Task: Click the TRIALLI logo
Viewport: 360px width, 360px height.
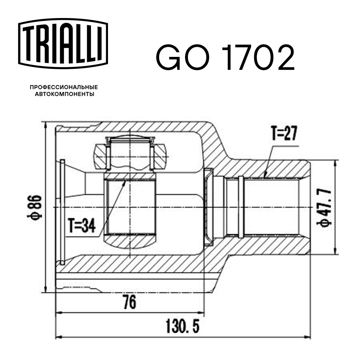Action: (63, 42)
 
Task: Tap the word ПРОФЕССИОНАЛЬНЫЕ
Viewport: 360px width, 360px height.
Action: (64, 87)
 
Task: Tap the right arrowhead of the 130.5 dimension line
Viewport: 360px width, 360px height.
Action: (308, 337)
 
